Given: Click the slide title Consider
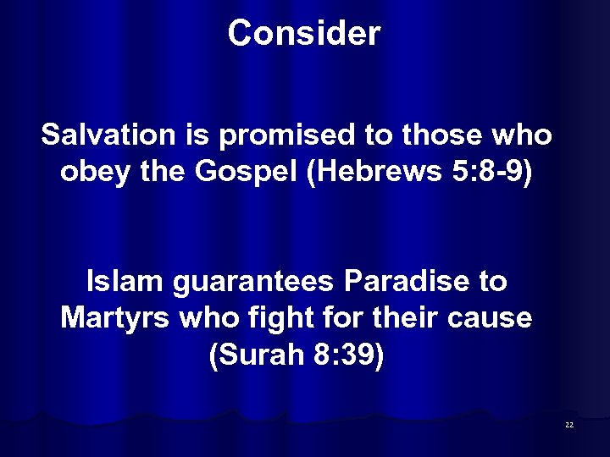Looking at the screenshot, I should tap(304, 34).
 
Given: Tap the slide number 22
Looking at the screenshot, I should tap(568, 424).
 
